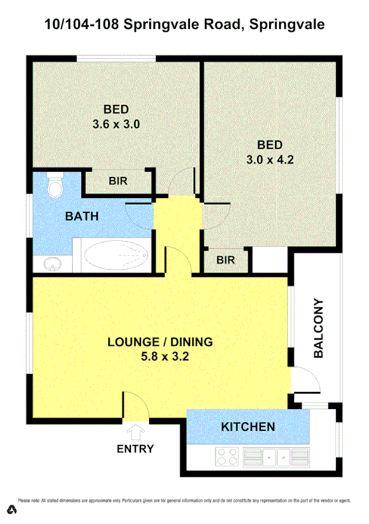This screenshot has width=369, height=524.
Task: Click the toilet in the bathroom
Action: click(x=55, y=184)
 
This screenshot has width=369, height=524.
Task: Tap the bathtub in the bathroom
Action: click(x=116, y=255)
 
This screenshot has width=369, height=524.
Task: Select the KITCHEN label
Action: click(x=248, y=427)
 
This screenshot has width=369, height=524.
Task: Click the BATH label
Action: click(x=82, y=217)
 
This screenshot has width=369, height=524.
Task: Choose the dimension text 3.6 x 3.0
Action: click(x=116, y=124)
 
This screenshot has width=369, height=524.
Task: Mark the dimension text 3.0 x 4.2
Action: click(x=270, y=159)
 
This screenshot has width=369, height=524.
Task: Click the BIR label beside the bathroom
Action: click(x=118, y=182)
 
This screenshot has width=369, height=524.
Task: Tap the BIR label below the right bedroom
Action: click(x=226, y=260)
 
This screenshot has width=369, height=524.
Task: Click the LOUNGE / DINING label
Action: click(x=160, y=341)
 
